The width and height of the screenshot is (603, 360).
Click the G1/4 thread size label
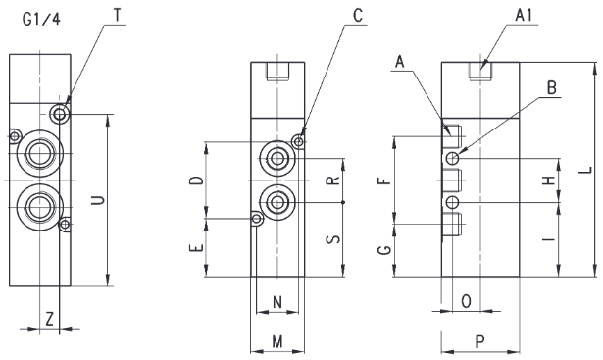[41, 18]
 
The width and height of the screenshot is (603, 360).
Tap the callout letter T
[118, 15]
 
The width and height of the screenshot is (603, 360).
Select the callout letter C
[358, 15]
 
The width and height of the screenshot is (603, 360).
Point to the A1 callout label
[524, 15]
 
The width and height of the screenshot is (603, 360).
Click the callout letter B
[551, 88]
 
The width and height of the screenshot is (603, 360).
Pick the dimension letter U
[98, 200]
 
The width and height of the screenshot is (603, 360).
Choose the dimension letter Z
[49, 319]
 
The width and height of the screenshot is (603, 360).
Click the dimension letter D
[196, 180]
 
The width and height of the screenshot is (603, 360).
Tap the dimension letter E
[196, 247]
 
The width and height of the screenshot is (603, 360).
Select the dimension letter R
[333, 180]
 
